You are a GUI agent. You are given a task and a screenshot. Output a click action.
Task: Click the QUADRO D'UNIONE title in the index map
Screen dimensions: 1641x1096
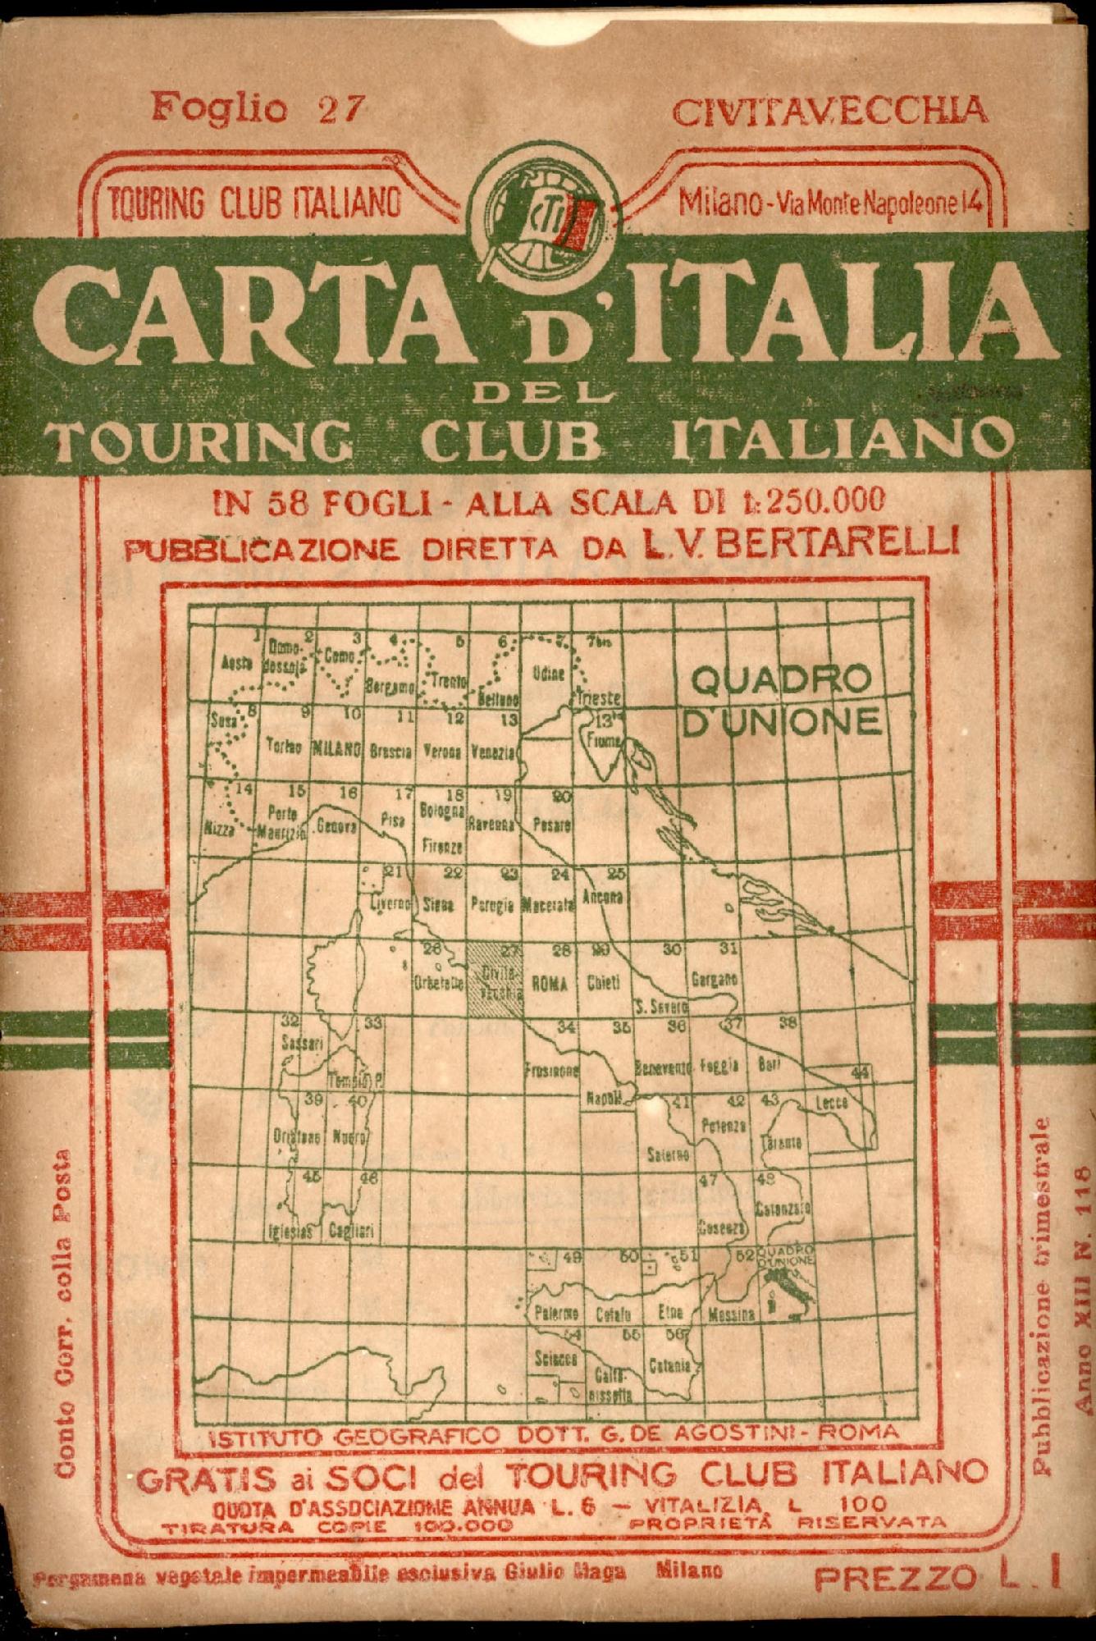click(782, 699)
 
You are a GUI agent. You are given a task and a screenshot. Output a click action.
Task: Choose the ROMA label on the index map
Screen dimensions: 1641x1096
click(550, 987)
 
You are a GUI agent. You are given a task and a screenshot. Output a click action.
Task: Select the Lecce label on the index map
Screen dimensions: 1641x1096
click(830, 1104)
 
